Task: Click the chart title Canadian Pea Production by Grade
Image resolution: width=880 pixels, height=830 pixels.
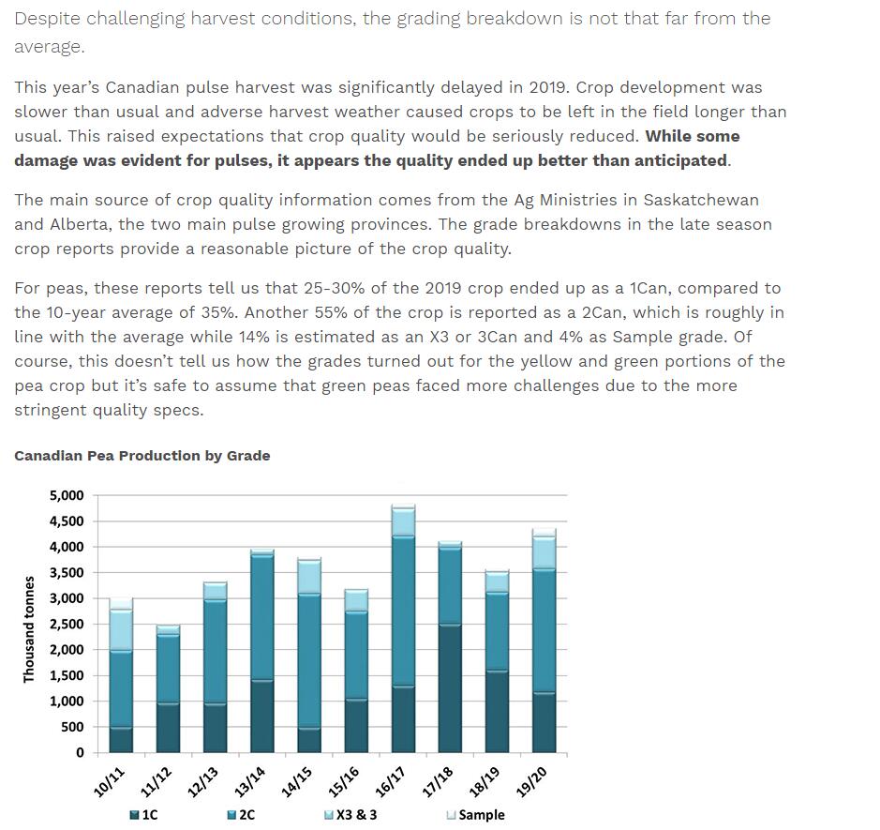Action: point(142,456)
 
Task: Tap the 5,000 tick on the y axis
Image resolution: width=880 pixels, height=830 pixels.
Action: point(67,495)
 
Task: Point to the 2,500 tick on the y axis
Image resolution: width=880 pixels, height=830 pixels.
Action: point(67,624)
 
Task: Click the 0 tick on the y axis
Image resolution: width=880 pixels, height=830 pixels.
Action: point(80,752)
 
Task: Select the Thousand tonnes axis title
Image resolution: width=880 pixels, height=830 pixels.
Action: point(29,629)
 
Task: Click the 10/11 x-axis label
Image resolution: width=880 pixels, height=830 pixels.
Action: point(109,781)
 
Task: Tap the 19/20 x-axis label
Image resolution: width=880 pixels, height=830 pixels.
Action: point(531,781)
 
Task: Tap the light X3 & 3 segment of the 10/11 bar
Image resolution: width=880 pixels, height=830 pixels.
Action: point(120,630)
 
